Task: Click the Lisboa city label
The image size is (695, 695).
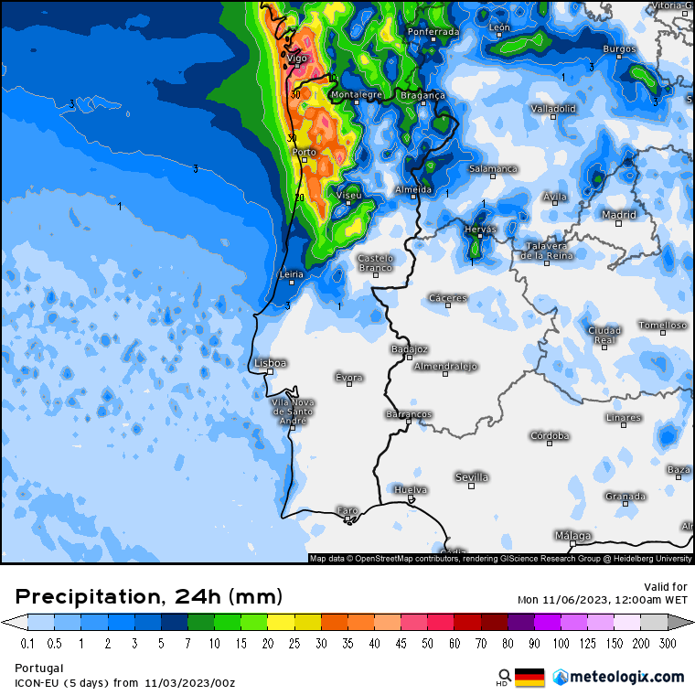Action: [x=272, y=363]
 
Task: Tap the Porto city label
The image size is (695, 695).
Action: [x=304, y=153]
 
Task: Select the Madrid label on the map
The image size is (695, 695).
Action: [x=619, y=215]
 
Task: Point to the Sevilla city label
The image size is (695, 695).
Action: [x=472, y=477]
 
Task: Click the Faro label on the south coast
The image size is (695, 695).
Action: [x=348, y=510]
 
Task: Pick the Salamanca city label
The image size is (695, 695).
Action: [x=494, y=169]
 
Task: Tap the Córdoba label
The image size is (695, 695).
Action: [x=551, y=436]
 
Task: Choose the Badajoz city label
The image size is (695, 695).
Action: [x=409, y=349]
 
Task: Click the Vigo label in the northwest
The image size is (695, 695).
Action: [x=297, y=59]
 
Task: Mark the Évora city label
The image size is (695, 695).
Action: [x=349, y=377]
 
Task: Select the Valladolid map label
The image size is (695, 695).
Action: [x=553, y=109]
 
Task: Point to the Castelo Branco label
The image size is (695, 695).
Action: [x=375, y=262]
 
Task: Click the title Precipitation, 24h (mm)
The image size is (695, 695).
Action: [x=149, y=597]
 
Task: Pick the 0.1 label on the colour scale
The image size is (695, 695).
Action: [x=27, y=644]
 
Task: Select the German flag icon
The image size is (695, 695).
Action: [x=529, y=678]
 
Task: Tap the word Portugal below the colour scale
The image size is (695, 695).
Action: [x=39, y=668]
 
